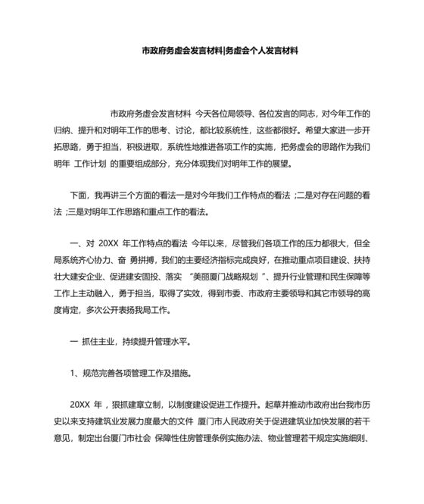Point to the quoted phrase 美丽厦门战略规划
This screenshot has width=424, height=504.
point(225,277)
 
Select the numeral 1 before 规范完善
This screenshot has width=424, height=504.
point(72,375)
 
